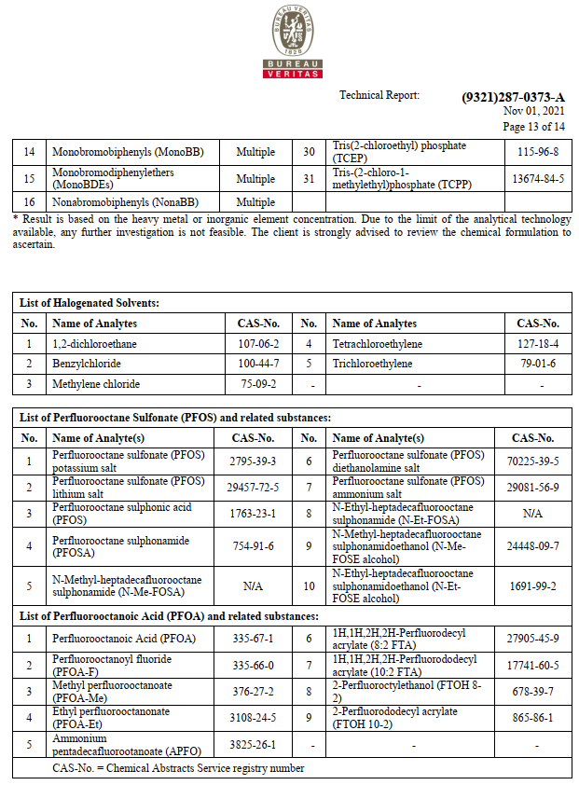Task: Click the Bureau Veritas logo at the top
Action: tap(293, 42)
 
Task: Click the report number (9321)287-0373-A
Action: tap(513, 97)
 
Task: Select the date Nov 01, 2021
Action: tap(534, 111)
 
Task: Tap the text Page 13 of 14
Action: tap(533, 127)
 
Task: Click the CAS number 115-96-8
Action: tap(538, 152)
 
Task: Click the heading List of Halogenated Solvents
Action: tap(90, 303)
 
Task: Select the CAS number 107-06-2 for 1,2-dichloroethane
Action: tap(258, 344)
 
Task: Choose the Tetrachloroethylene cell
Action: tap(377, 344)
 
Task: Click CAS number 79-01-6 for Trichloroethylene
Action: tap(538, 364)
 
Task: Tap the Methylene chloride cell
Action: tap(96, 384)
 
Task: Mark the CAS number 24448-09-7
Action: tap(532, 546)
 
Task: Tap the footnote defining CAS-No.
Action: tap(178, 768)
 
